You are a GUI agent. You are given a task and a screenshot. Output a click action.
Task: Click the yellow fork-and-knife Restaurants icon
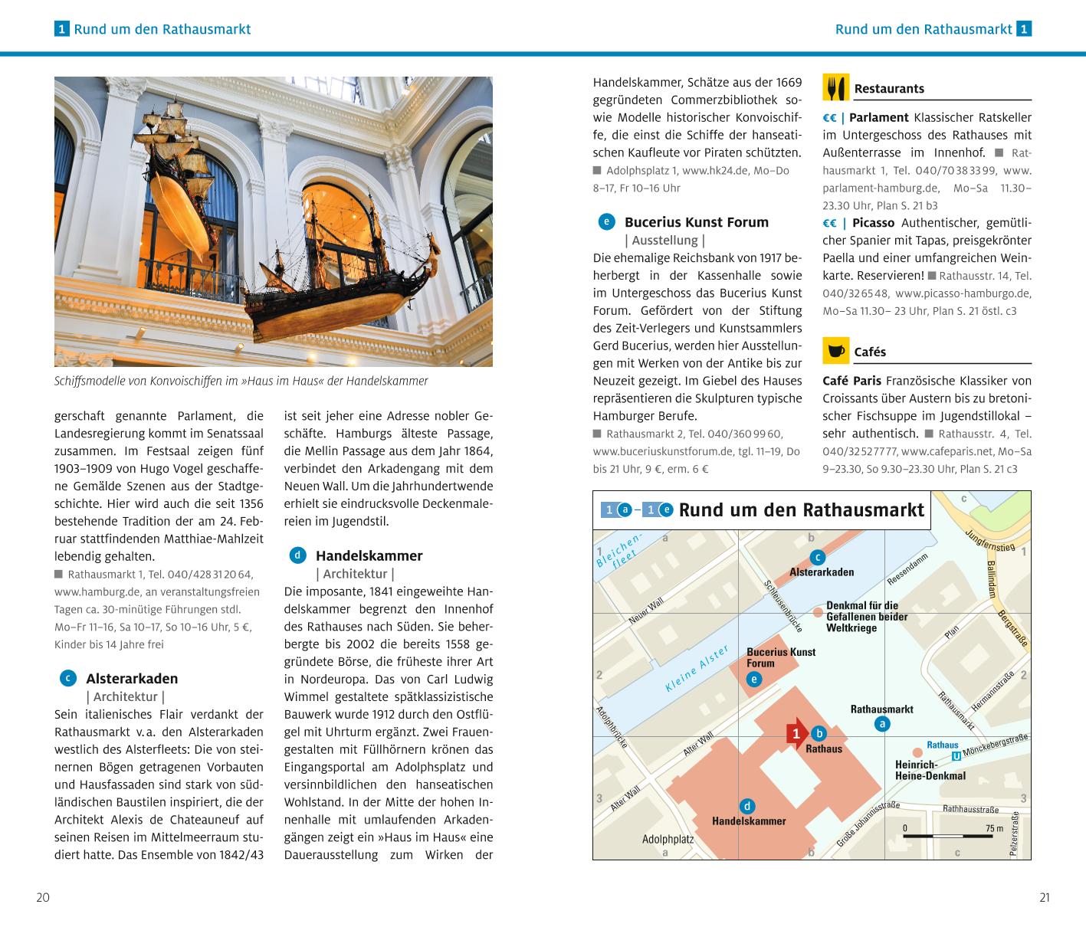[835, 87]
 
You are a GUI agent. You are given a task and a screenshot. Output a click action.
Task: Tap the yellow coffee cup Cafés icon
[835, 350]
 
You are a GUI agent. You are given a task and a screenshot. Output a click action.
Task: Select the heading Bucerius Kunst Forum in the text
[696, 222]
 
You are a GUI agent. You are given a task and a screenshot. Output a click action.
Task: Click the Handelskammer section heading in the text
[369, 555]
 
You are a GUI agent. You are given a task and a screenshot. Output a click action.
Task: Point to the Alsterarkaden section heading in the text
[131, 678]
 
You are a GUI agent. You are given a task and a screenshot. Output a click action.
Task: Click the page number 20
[43, 898]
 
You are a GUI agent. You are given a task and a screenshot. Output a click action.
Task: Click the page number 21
[1044, 898]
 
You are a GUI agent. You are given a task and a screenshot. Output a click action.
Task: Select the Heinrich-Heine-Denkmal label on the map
[930, 770]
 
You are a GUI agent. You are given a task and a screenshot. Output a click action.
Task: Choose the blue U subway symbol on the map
[956, 756]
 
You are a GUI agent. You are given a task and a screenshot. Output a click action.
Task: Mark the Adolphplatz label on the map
[668, 839]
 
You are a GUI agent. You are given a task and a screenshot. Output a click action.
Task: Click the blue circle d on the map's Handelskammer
[747, 805]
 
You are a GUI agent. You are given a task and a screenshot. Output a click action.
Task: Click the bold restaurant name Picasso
[873, 223]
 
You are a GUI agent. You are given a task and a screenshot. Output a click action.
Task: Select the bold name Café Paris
[851, 381]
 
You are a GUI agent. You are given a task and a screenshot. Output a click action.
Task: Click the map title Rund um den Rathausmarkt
[801, 510]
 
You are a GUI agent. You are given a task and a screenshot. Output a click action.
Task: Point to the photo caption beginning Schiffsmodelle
[241, 381]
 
